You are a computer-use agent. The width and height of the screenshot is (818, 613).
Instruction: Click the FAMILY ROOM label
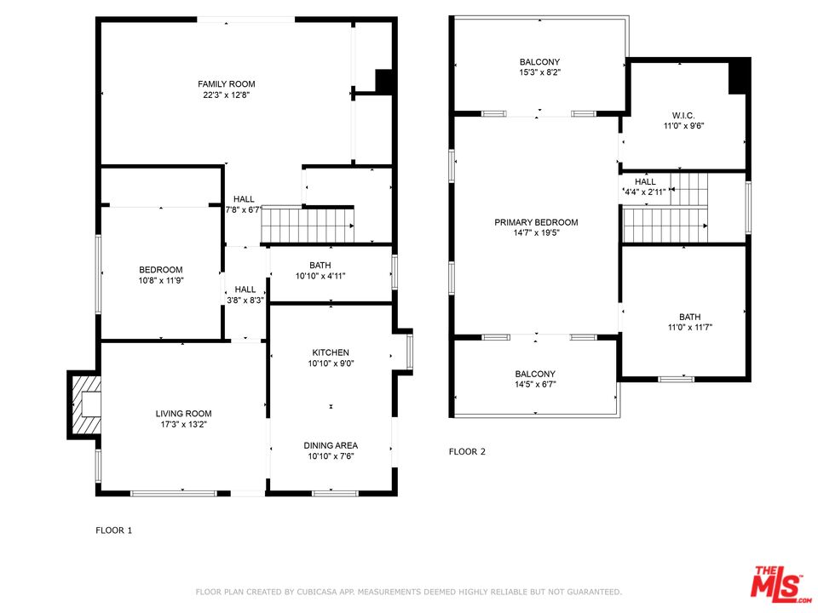point(226,84)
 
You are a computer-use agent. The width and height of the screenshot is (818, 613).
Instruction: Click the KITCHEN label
point(331,352)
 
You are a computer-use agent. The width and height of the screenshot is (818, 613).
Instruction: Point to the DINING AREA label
point(331,445)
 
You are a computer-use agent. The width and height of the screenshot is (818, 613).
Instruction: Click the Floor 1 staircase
point(307,226)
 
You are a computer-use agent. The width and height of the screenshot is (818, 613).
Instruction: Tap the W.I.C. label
point(683,115)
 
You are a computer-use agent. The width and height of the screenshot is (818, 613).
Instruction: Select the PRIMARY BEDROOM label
point(536,222)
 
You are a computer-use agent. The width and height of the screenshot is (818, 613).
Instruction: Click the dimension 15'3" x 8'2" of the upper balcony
point(539,73)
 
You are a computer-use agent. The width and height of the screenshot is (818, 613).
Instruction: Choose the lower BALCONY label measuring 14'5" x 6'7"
point(535,374)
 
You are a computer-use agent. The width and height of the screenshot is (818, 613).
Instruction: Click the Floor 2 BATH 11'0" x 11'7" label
point(690,317)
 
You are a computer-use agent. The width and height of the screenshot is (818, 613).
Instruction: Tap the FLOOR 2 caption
point(467,452)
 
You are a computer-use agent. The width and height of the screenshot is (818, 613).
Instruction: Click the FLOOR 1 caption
point(113,530)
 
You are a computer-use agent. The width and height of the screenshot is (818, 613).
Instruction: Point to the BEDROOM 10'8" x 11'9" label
point(161,270)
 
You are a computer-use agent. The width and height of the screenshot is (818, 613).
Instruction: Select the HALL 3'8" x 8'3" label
point(245,289)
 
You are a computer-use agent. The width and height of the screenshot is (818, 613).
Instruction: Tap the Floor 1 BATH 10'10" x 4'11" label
point(320,266)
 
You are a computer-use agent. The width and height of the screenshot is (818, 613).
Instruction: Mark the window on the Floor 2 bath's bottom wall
point(677,378)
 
